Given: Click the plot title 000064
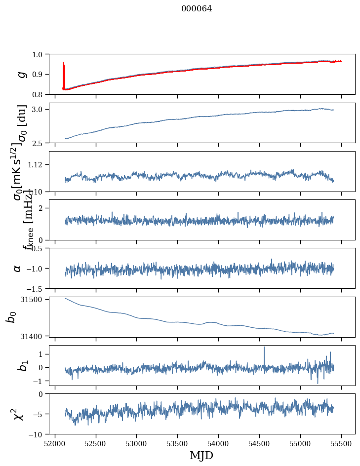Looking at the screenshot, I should coord(197,8).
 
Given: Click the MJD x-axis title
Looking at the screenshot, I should coord(201,455).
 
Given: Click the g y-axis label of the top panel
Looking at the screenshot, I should coord(20,74).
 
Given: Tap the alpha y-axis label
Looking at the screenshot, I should coord(17,268).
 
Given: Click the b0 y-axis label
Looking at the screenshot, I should coord(10,317).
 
